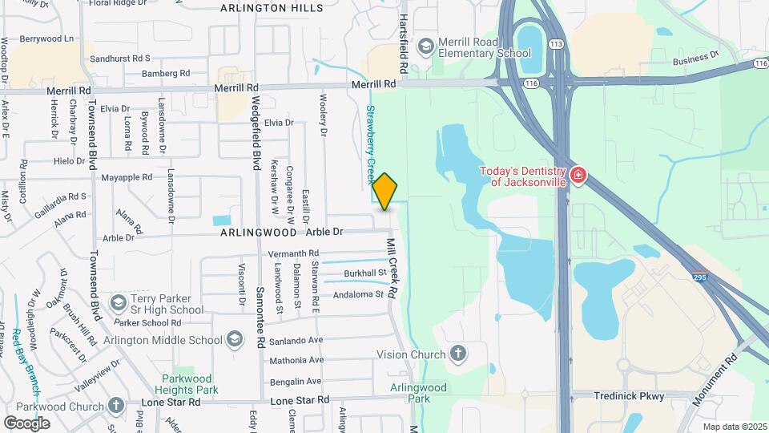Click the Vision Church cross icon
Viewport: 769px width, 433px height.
pyautogui.click(x=457, y=354)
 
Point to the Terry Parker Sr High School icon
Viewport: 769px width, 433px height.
pyautogui.click(x=119, y=302)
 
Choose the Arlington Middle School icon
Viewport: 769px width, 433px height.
pyautogui.click(x=235, y=339)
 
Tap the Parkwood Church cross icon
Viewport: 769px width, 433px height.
pyautogui.click(x=116, y=405)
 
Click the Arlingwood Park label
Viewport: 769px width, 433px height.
pyautogui.click(x=418, y=392)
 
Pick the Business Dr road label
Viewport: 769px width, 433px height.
pyautogui.click(x=696, y=59)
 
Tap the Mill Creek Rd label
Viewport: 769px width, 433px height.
pyautogui.click(x=393, y=268)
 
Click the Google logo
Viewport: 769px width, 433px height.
pyautogui.click(x=26, y=423)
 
